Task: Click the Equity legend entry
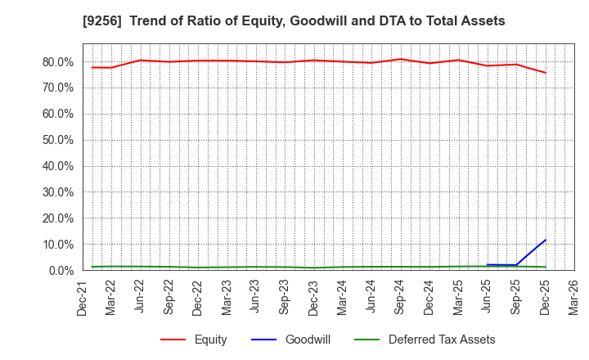[x=210, y=340]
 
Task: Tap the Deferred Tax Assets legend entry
[x=441, y=340]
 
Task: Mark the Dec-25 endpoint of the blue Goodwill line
[x=546, y=240]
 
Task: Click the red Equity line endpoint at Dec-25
[x=546, y=73]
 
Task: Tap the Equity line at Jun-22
[x=141, y=60]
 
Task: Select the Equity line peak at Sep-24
[x=401, y=59]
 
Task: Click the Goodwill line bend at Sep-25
[x=516, y=265]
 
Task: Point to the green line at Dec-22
[x=199, y=268]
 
